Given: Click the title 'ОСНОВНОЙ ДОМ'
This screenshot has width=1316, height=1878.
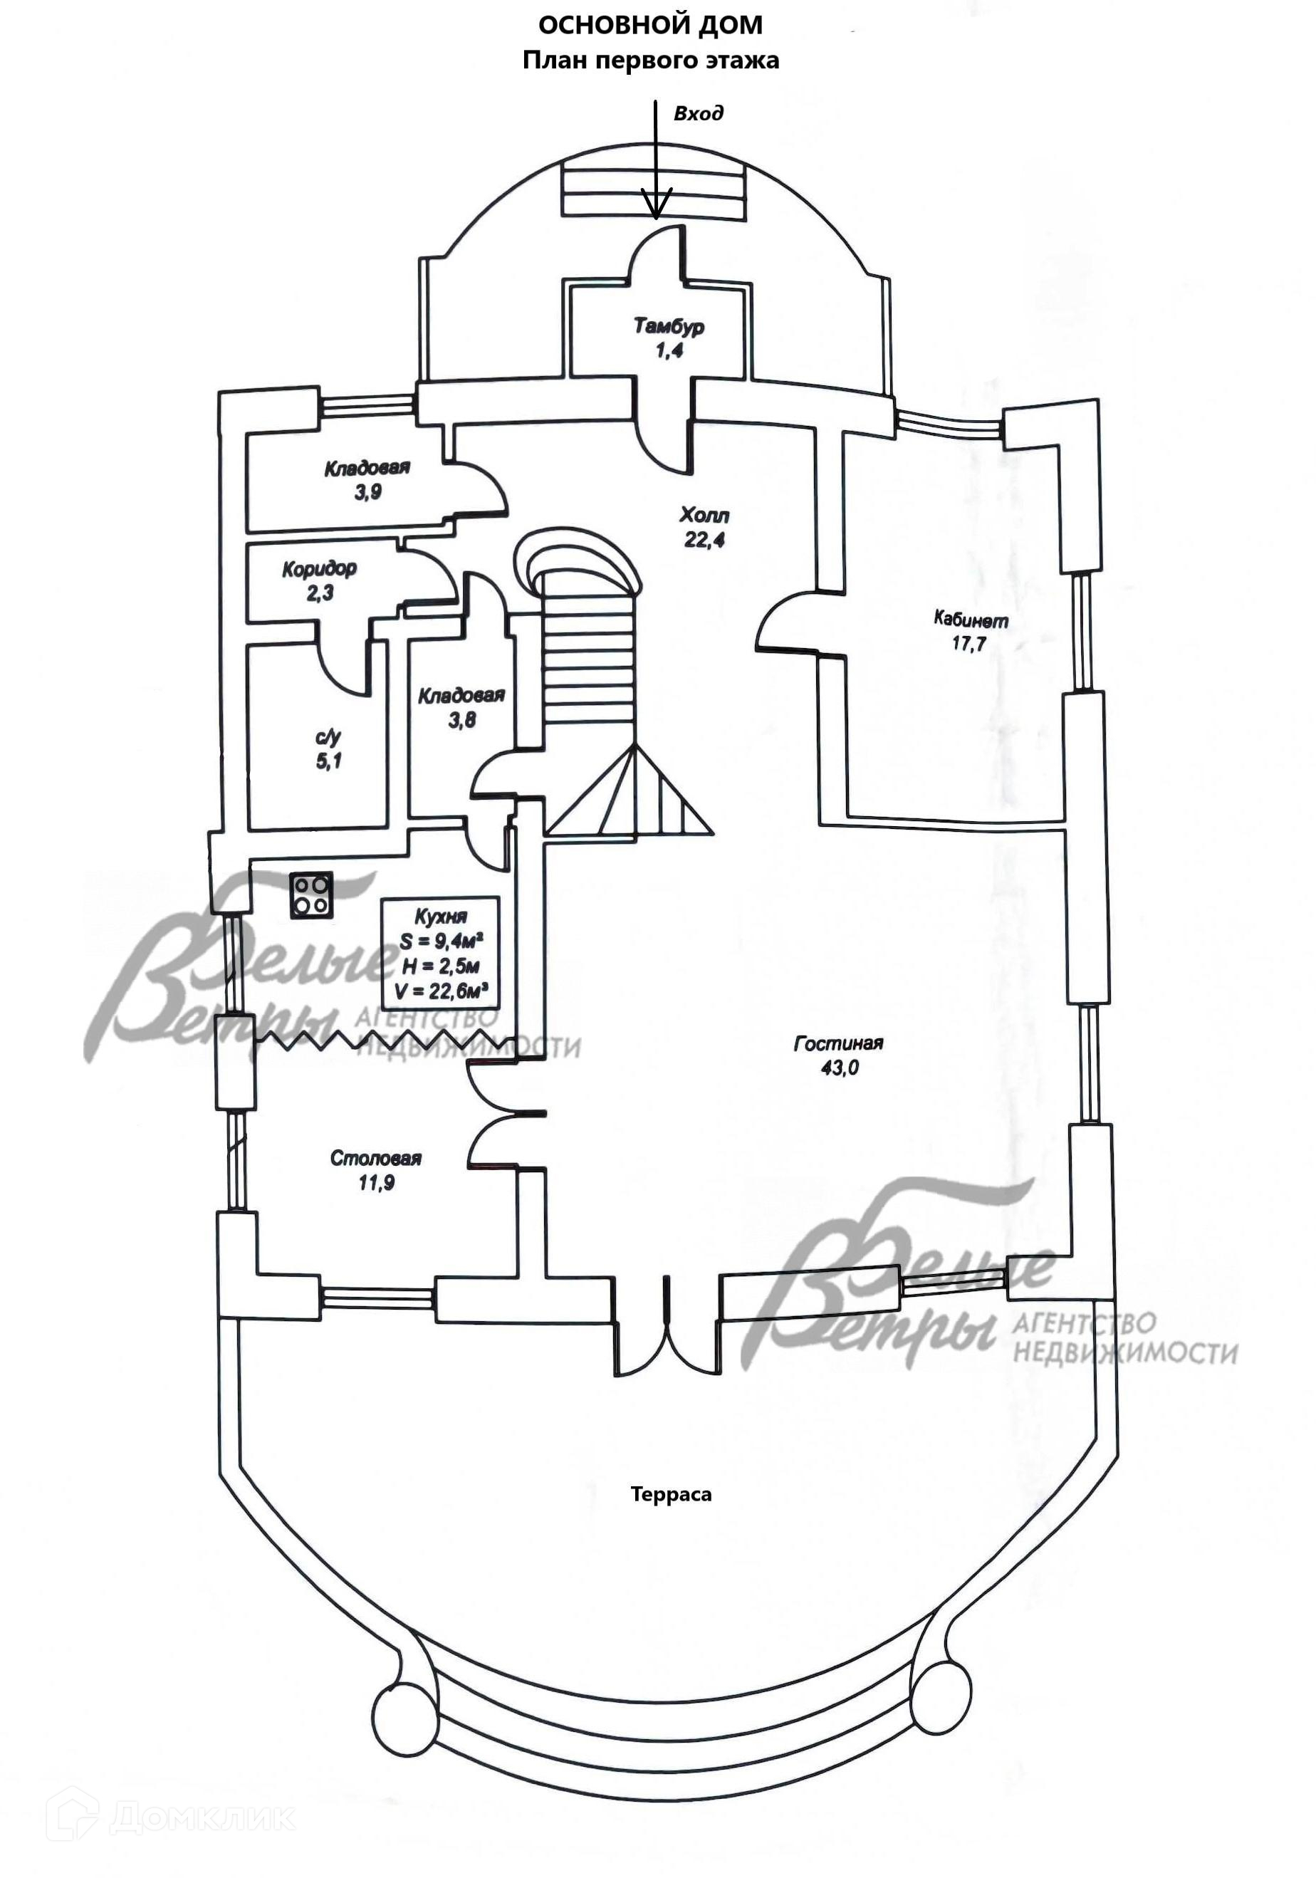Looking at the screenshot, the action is click(x=650, y=26).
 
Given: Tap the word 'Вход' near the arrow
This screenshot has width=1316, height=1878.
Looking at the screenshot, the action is click(x=698, y=114).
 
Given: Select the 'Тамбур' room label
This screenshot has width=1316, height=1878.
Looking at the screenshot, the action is click(x=668, y=327).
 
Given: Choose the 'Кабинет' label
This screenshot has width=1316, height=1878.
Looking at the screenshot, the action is click(x=971, y=619).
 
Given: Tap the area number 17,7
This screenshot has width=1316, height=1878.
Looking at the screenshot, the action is click(x=968, y=644).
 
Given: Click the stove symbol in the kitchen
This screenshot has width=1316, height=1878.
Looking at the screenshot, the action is click(x=310, y=894).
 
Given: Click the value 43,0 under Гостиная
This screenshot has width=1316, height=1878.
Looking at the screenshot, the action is click(x=839, y=1068).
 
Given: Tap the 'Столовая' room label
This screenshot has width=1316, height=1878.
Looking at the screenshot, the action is click(x=375, y=1158).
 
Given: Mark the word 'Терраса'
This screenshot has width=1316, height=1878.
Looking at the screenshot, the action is click(x=671, y=1494).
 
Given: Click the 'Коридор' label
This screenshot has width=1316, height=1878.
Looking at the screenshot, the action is click(x=319, y=568).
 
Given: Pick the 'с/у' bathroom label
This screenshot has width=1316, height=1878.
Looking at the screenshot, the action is click(x=328, y=737).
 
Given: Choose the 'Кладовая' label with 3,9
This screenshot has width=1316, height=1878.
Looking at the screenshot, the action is click(x=367, y=469).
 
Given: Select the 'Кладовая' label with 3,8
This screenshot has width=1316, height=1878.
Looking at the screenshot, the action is click(x=461, y=696).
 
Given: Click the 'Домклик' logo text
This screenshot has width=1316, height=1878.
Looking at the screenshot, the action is click(x=200, y=1795).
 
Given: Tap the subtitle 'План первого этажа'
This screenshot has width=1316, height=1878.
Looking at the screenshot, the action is click(x=650, y=61).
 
